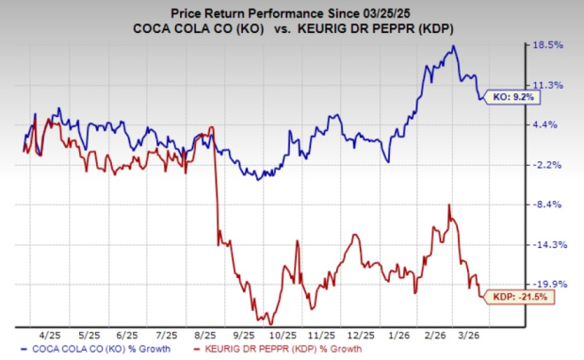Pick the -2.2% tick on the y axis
(550, 165)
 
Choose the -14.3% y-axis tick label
(548, 244)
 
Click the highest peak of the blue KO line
(455, 46)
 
